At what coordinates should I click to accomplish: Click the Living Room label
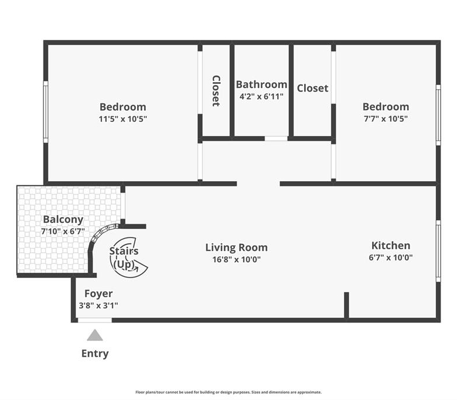(236, 248)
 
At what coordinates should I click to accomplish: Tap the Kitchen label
(391, 245)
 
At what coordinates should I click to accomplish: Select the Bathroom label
(261, 84)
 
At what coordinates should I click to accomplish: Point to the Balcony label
(63, 219)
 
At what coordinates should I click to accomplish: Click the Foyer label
(98, 293)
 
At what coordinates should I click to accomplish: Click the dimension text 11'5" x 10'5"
(122, 119)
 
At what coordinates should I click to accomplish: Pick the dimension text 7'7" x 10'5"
(386, 118)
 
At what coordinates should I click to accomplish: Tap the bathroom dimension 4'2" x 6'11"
(261, 96)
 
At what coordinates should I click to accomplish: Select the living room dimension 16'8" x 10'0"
(236, 259)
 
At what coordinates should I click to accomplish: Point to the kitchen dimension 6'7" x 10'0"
(391, 257)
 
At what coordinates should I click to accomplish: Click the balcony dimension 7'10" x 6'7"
(63, 231)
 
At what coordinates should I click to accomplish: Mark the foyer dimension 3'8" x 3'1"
(98, 306)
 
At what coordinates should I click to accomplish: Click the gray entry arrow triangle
(95, 335)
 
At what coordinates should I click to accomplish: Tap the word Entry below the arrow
(95, 353)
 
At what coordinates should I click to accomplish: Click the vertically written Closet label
(216, 91)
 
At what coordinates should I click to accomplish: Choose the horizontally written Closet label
(312, 88)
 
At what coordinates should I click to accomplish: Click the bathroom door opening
(276, 138)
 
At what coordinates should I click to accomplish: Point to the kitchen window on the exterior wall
(438, 251)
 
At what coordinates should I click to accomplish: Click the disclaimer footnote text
(228, 392)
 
